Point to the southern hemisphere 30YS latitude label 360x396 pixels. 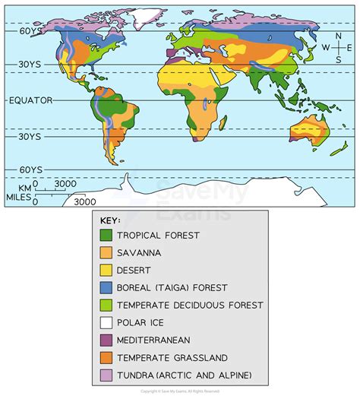point(28,138)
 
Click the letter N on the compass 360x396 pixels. point(337,36)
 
